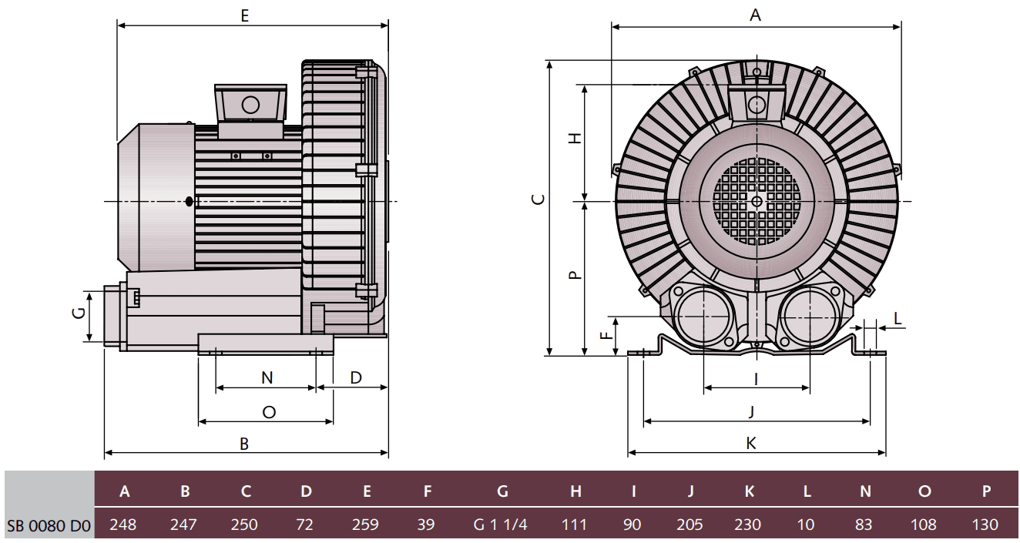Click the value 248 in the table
click(123, 525)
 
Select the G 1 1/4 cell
click(502, 525)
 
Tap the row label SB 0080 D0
click(48, 525)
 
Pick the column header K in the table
click(748, 491)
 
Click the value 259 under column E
click(365, 525)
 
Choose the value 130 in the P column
click(985, 525)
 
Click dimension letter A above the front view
click(755, 15)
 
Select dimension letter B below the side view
click(244, 444)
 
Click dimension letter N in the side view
click(267, 377)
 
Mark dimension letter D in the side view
click(356, 377)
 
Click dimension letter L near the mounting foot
click(898, 317)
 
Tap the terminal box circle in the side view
click(250, 105)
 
